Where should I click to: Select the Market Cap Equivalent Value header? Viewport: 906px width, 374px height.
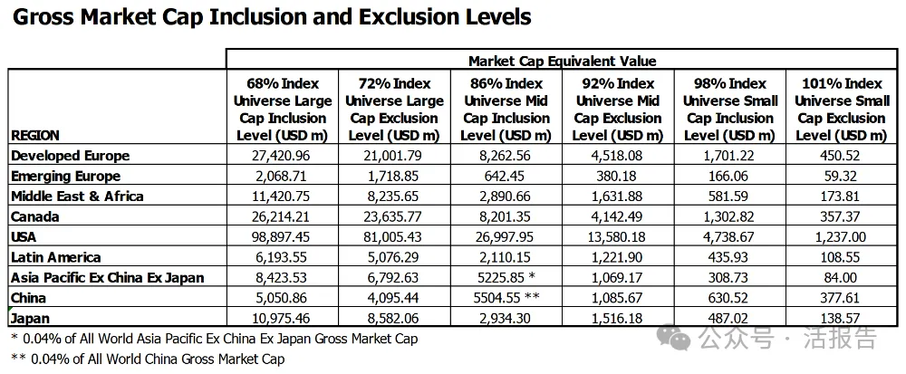click(562, 61)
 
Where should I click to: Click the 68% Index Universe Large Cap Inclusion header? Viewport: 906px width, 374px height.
click(280, 109)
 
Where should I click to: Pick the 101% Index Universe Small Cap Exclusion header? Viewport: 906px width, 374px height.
click(842, 109)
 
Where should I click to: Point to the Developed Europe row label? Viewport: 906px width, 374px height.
click(70, 156)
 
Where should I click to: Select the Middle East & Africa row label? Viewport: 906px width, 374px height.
click(77, 197)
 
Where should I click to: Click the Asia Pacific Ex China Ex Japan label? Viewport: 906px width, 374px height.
click(107, 277)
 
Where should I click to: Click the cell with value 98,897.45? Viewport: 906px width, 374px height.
click(280, 237)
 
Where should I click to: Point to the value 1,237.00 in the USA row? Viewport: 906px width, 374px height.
click(842, 237)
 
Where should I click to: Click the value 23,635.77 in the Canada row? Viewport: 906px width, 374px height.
click(393, 216)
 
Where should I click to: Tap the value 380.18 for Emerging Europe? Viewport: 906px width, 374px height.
click(617, 176)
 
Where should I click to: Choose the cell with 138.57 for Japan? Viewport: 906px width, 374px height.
click(842, 318)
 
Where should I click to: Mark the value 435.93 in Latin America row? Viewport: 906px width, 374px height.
click(730, 257)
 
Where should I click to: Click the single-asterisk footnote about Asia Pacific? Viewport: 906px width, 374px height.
click(216, 339)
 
